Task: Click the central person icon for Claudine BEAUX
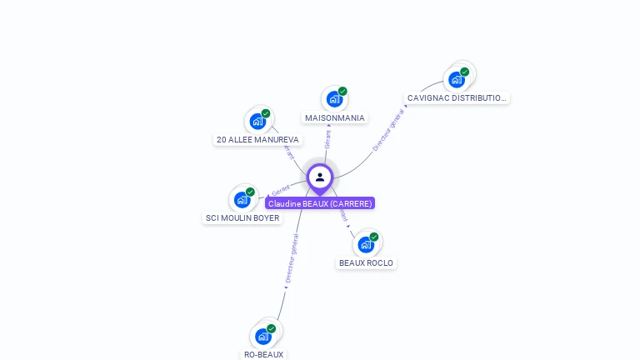click(320, 177)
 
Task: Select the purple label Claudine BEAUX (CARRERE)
click(320, 203)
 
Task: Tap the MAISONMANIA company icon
click(334, 99)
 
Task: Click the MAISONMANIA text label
click(334, 118)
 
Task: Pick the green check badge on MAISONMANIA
click(342, 91)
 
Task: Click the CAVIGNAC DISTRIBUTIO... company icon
click(456, 79)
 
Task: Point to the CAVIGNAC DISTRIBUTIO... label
click(457, 98)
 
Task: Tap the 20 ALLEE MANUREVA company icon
click(257, 121)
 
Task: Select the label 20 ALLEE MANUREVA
click(257, 140)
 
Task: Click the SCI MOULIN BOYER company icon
click(242, 199)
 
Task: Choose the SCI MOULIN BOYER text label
click(242, 218)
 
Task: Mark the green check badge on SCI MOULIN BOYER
click(250, 192)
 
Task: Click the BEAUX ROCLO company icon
click(366, 244)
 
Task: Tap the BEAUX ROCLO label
click(366, 263)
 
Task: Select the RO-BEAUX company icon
click(263, 336)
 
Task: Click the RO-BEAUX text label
click(263, 354)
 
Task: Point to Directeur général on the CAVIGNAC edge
click(387, 130)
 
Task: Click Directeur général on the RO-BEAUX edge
click(291, 259)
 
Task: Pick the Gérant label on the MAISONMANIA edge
click(327, 138)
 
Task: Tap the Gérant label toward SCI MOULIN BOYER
click(280, 191)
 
